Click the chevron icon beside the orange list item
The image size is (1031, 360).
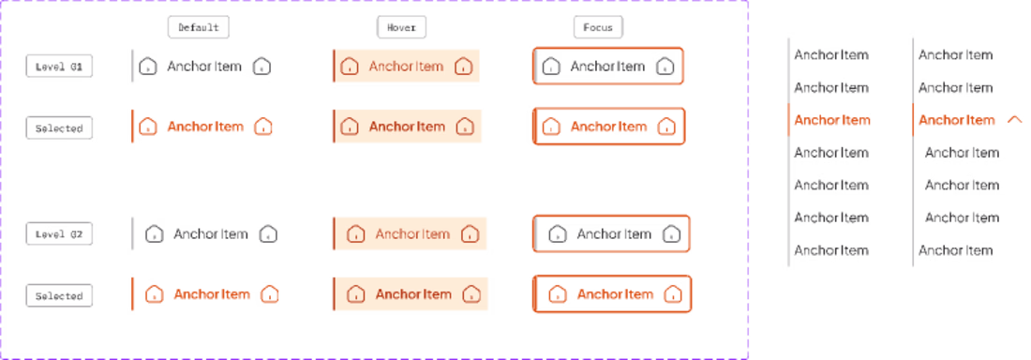click(x=1013, y=119)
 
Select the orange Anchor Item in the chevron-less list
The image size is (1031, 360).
click(x=831, y=120)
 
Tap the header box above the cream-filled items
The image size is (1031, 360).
click(x=401, y=27)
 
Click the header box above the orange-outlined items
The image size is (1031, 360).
click(x=598, y=27)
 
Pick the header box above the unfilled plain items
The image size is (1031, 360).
click(x=199, y=27)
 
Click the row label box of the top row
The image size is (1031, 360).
click(x=58, y=66)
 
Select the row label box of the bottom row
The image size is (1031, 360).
click(x=58, y=295)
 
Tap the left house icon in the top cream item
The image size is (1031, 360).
click(x=350, y=66)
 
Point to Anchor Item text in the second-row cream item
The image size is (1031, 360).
click(x=406, y=127)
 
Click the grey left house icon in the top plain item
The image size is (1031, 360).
click(x=147, y=66)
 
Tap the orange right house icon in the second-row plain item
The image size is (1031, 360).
click(x=263, y=127)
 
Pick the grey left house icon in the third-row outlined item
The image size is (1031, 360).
click(x=557, y=233)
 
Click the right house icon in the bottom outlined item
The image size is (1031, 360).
click(x=672, y=294)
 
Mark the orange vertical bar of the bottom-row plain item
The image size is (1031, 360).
click(x=132, y=294)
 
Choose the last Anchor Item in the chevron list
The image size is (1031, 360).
click(x=955, y=250)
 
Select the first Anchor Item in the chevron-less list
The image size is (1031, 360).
click(x=831, y=54)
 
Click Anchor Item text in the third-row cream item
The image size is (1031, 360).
click(x=412, y=233)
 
